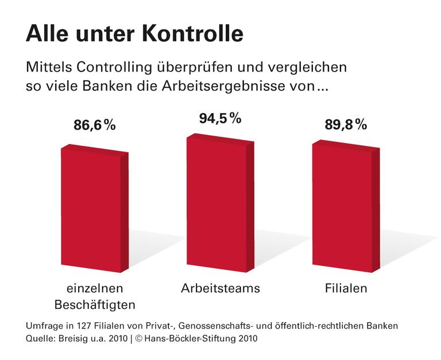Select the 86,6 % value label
coord(95,125)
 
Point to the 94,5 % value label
coord(220,119)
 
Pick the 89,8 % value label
coord(346,125)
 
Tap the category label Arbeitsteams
coord(220,288)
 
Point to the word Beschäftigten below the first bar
coord(95,303)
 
